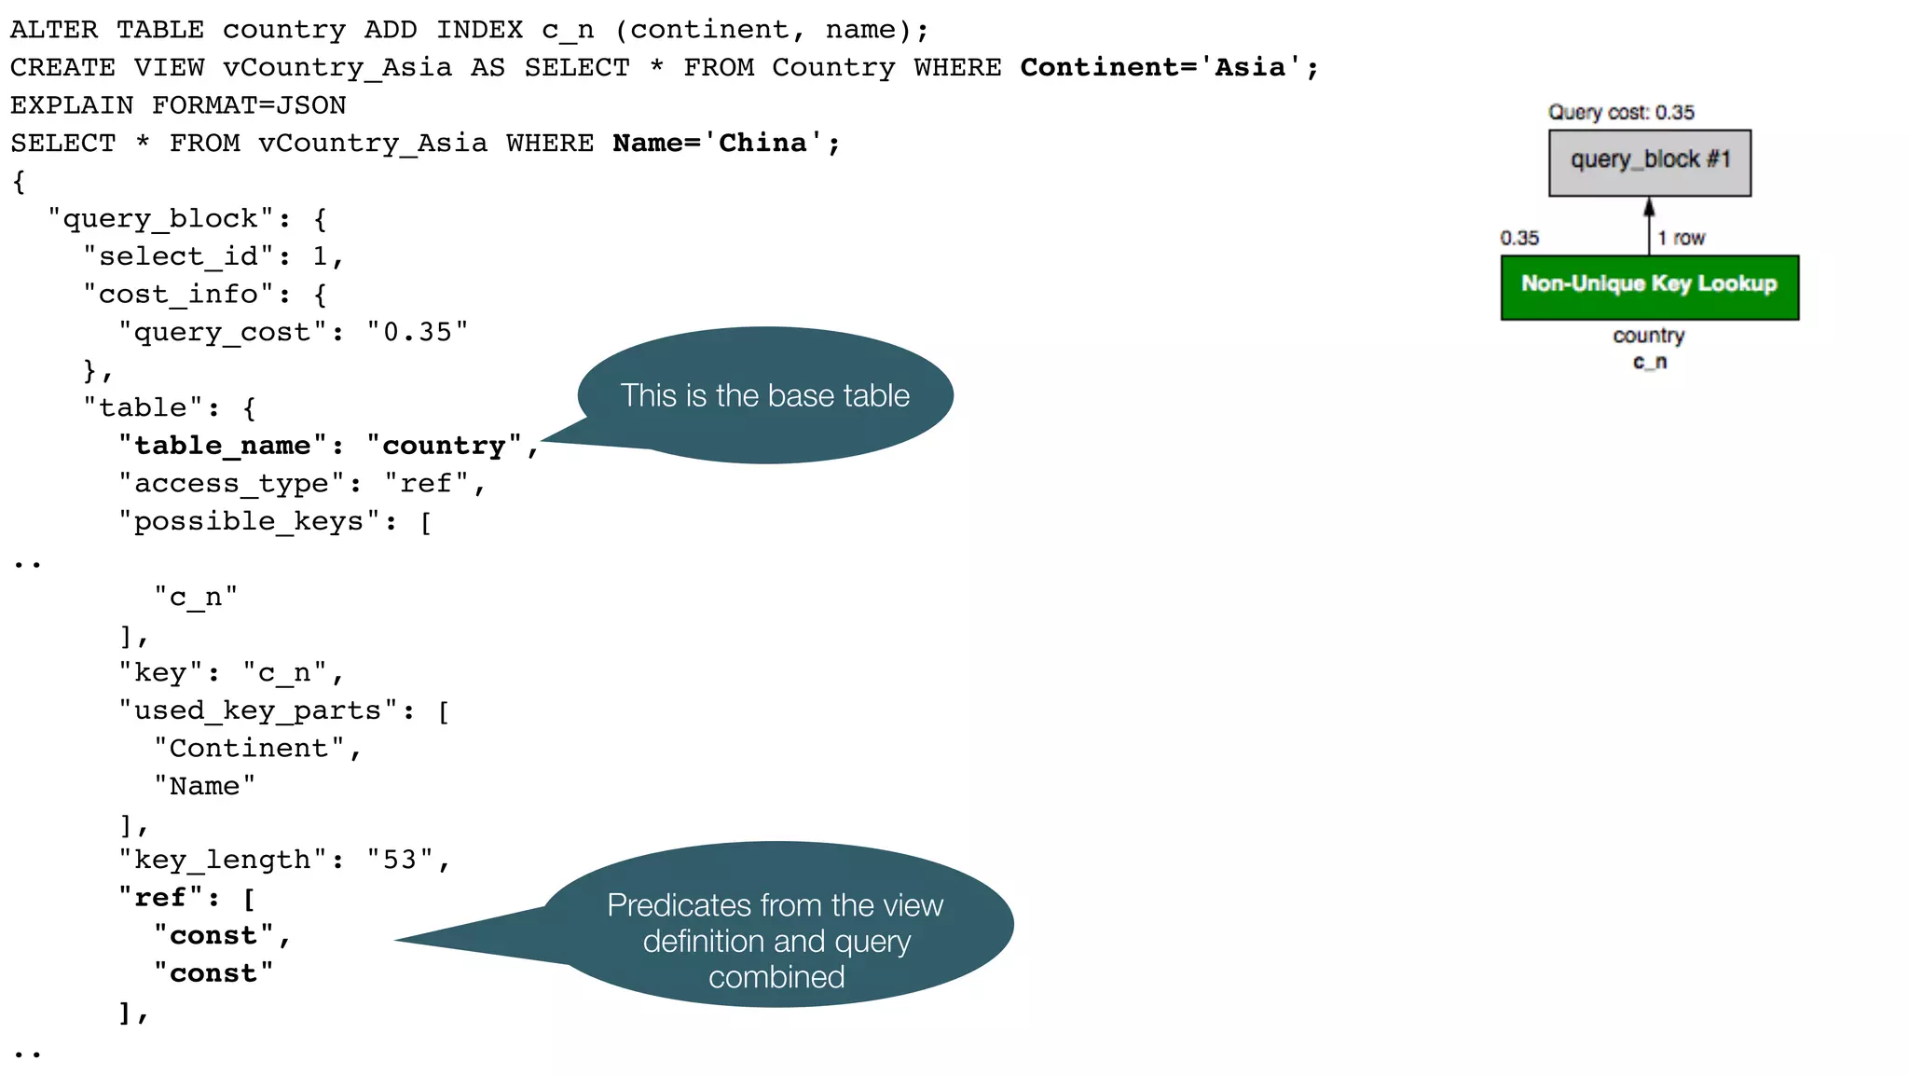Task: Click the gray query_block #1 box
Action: point(1649,162)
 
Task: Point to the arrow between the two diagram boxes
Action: point(1649,225)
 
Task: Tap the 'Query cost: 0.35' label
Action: point(1621,113)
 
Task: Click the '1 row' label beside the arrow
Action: point(1681,239)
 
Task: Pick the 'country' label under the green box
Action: point(1648,336)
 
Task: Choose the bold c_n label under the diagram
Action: point(1649,362)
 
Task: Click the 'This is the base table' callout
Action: point(764,395)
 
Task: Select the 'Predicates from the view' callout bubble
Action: point(776,941)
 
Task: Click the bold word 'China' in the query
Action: point(762,143)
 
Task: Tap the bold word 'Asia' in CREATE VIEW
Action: point(1250,67)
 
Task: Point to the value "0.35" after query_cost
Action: point(417,332)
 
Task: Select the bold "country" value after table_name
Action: point(444,446)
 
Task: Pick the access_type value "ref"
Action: point(426,483)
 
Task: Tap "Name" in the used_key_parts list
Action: point(204,786)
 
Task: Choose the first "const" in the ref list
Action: point(213,935)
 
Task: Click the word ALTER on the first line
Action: point(54,30)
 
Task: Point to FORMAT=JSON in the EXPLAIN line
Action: point(249,105)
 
